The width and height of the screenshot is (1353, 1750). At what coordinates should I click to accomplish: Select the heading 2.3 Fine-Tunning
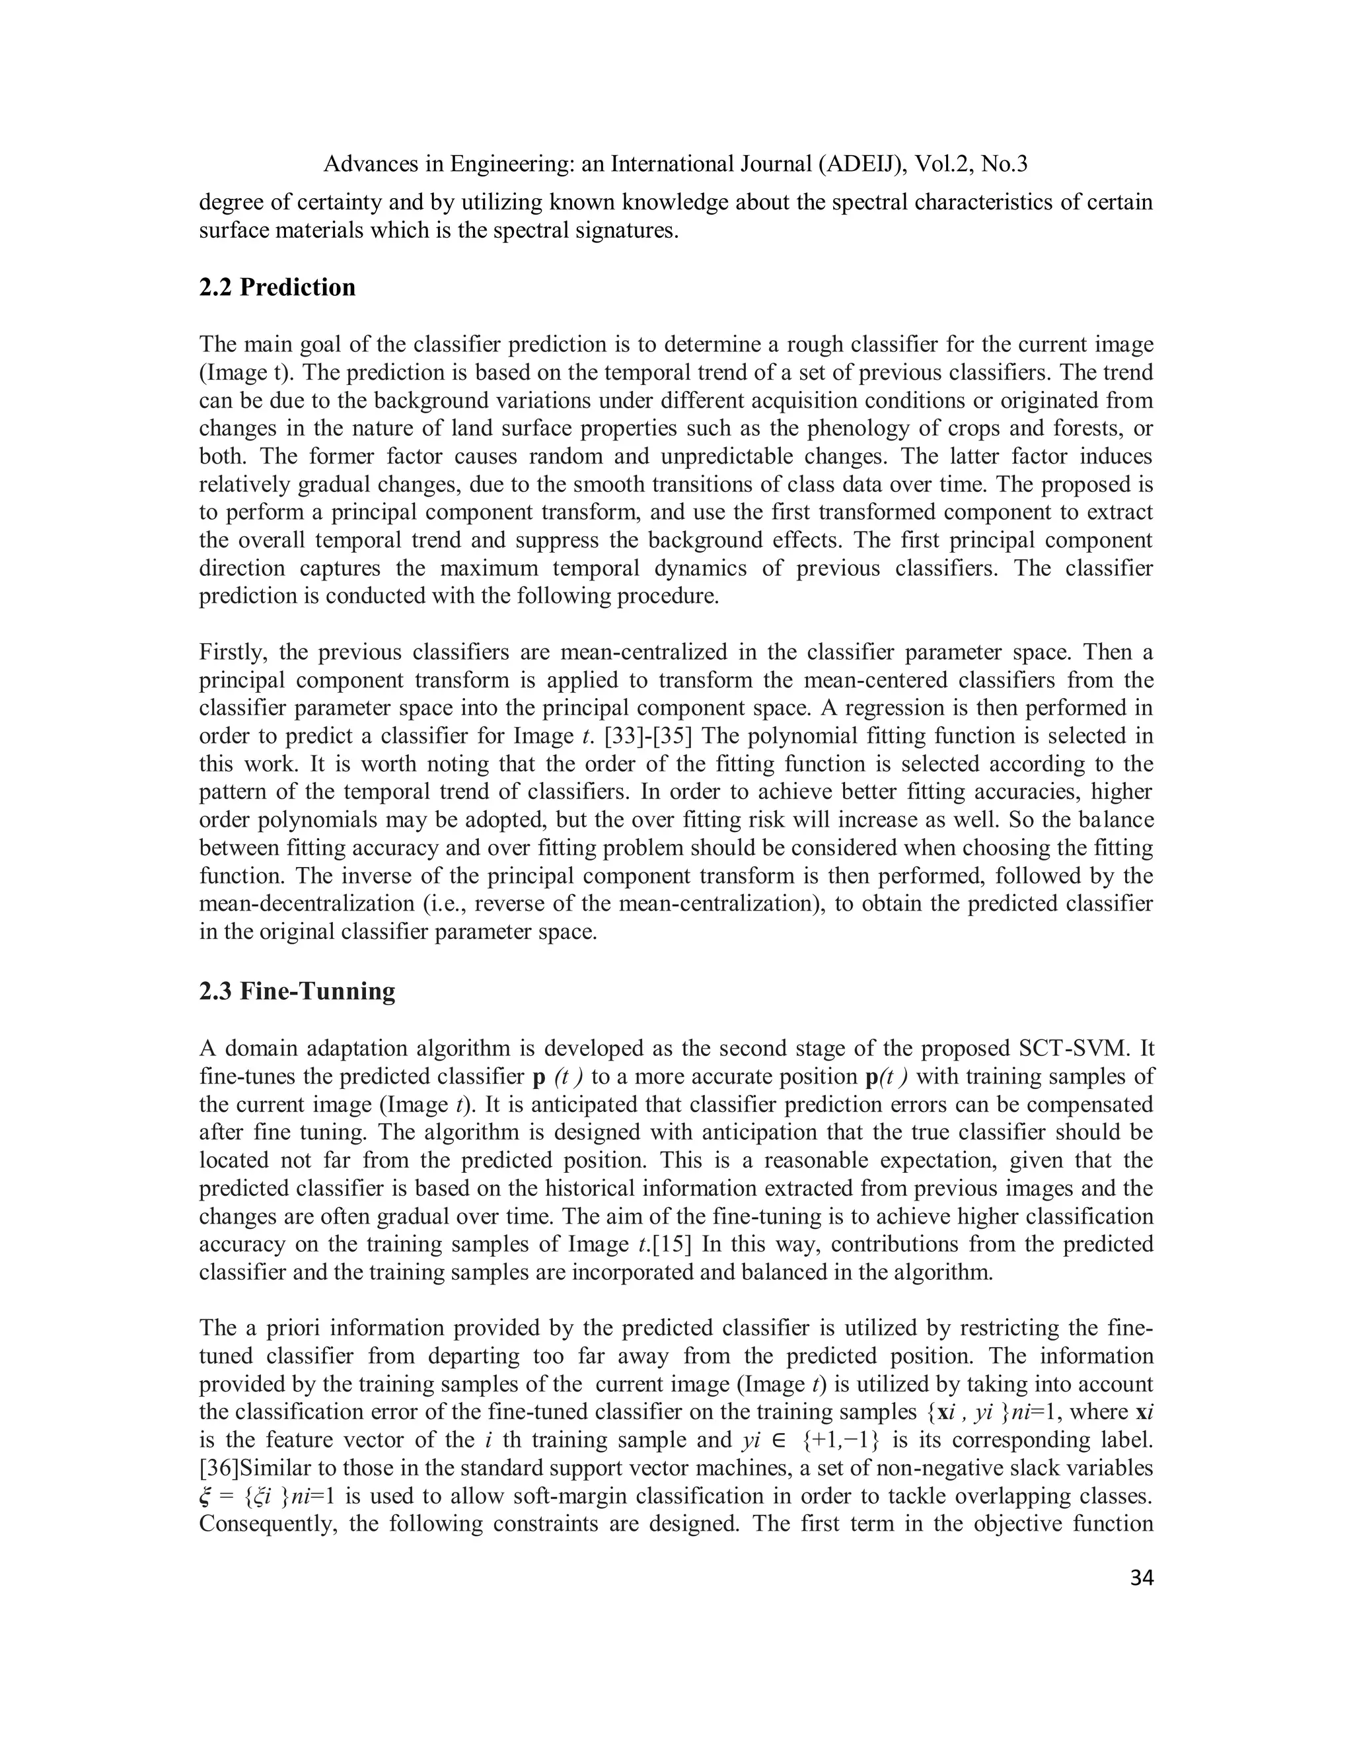[297, 991]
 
